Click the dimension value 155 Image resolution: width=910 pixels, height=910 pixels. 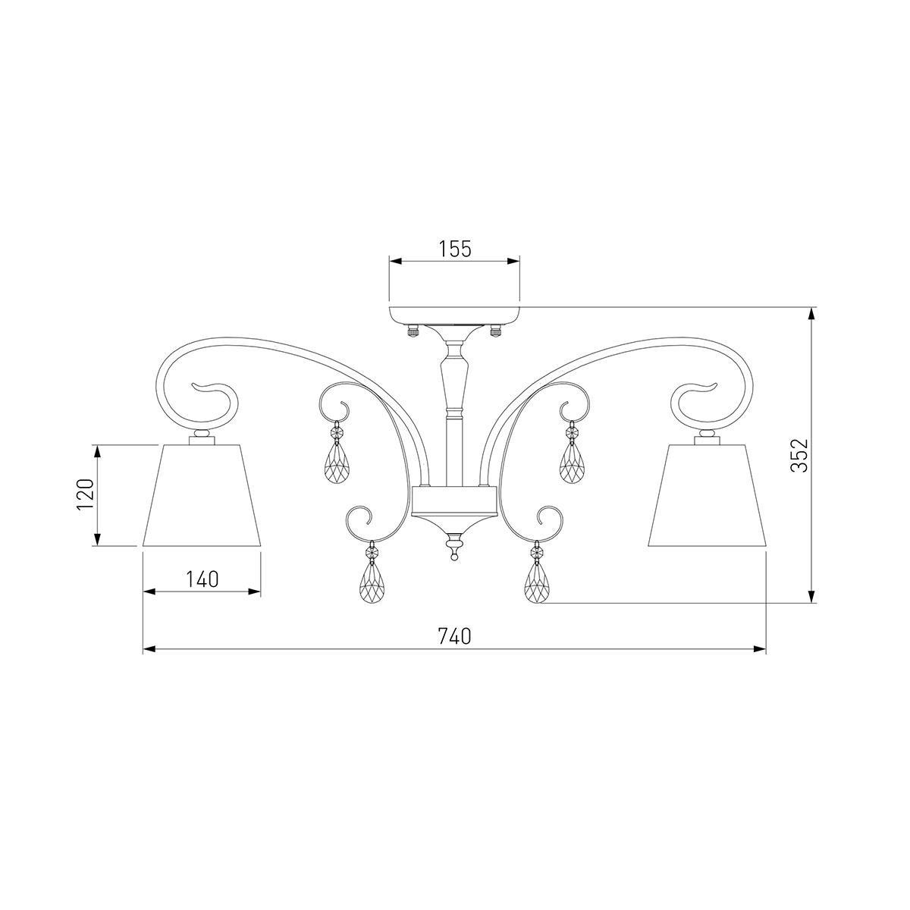click(x=455, y=249)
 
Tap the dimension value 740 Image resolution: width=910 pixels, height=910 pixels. click(x=455, y=636)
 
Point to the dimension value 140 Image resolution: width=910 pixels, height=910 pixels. click(x=202, y=579)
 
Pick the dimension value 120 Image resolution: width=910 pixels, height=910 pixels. click(x=86, y=494)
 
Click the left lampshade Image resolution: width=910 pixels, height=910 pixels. click(x=202, y=495)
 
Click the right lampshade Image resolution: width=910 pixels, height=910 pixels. click(x=707, y=495)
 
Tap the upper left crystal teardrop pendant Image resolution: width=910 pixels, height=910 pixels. click(x=338, y=465)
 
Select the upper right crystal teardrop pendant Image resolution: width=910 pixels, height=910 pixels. click(x=572, y=465)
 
